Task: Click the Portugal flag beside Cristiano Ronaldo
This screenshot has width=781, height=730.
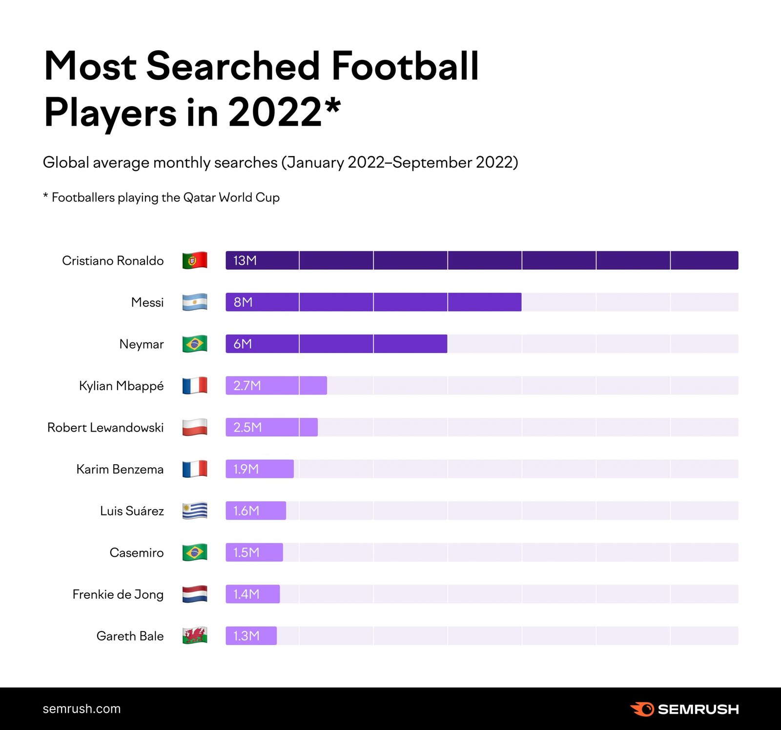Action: [195, 260]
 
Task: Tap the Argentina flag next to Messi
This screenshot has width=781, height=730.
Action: [195, 302]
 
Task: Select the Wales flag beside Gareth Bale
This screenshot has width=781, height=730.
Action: [195, 635]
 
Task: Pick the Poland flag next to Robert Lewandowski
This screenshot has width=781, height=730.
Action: [195, 427]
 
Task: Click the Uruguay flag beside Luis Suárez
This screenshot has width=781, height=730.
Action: [195, 511]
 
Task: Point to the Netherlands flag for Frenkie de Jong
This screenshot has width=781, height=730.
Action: [195, 594]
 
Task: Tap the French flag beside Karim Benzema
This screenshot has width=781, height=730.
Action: [195, 469]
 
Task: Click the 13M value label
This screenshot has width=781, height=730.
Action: [245, 260]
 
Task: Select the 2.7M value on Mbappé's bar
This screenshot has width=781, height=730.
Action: [247, 386]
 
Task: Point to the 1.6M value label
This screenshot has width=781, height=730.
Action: [246, 511]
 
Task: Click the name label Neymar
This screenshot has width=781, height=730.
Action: [142, 344]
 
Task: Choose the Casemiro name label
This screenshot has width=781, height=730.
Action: [137, 552]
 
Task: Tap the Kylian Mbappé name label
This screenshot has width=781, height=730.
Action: [121, 386]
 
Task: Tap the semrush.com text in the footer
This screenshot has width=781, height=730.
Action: [82, 709]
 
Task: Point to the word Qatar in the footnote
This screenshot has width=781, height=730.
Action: [200, 197]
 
